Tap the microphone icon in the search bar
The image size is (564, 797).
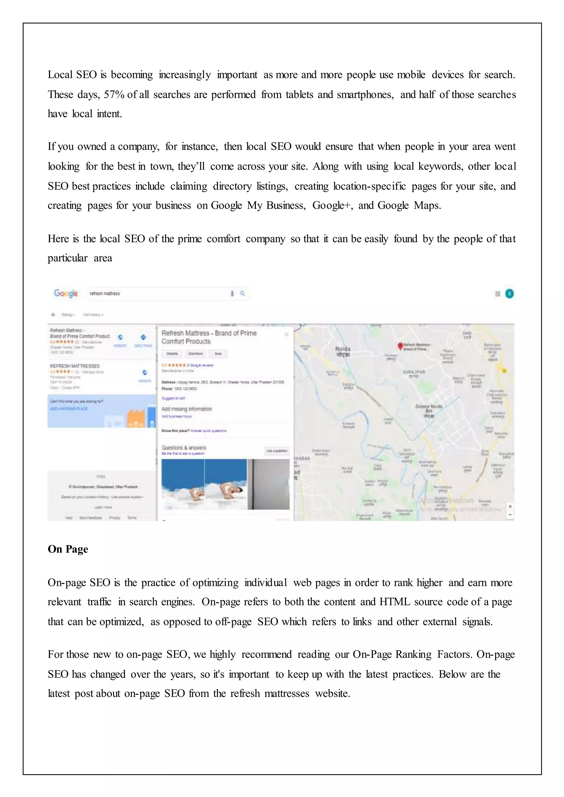232,294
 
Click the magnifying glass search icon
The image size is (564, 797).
242,293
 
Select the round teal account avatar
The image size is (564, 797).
509,294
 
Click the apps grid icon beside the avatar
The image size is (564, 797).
497,294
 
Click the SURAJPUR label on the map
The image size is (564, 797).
414,372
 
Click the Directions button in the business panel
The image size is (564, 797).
196,354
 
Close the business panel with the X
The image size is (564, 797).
286,334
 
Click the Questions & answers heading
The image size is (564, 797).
184,448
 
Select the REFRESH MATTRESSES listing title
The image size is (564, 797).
75,366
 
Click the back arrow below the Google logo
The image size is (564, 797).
53,315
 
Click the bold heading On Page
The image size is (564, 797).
68,549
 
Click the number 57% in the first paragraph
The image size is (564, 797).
114,95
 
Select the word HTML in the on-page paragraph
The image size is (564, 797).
395,602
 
